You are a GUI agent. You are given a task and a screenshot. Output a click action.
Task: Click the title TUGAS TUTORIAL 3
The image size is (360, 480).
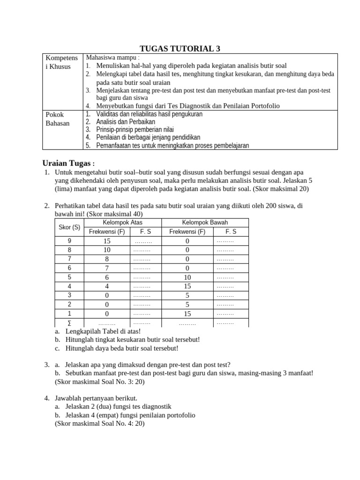point(180,48)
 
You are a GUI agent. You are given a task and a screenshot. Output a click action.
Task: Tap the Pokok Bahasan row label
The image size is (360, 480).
point(55,119)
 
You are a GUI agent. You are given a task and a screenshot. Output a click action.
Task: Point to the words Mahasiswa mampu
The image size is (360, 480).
point(106,57)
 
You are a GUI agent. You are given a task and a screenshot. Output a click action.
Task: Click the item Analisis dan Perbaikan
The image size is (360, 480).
point(125,121)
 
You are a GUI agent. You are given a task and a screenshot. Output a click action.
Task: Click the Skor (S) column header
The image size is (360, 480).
point(69,227)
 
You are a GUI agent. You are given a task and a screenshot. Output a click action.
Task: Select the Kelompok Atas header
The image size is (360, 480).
point(122,222)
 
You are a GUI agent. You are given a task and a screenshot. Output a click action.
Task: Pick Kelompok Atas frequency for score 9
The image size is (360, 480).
point(107,241)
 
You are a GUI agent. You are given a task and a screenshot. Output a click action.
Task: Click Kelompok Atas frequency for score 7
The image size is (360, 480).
point(107,259)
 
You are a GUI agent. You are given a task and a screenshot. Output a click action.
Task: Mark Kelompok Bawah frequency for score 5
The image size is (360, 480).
point(187,277)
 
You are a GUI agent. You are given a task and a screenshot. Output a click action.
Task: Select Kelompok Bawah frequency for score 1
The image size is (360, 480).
point(187,314)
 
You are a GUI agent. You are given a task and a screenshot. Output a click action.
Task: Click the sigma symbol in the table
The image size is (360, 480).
point(69,323)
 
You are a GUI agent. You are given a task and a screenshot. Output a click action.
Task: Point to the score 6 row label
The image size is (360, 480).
point(69,268)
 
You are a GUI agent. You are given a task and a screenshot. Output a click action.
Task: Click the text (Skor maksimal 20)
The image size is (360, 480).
point(281,189)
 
